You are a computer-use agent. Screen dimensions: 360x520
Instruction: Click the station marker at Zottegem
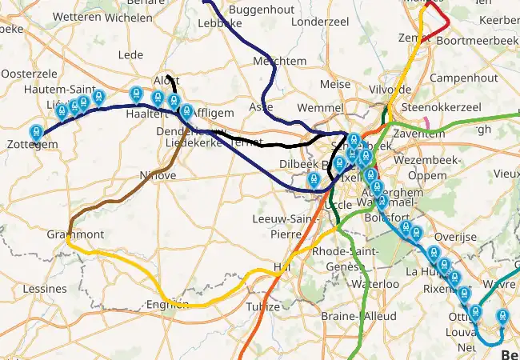pos(36,133)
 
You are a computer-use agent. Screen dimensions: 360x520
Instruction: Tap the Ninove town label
pos(158,175)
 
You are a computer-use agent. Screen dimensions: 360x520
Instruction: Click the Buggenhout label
pos(255,10)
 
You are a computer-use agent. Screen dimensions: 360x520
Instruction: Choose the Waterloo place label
pos(375,284)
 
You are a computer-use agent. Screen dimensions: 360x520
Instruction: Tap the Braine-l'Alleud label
pos(358,316)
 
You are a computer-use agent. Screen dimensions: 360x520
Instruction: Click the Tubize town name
pos(263,306)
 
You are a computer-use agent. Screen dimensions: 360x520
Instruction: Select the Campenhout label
pos(463,78)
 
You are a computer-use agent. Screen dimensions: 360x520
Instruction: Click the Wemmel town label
pos(319,107)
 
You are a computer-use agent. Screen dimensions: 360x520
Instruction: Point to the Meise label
pos(334,84)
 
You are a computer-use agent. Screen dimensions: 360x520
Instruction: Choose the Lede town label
pos(130,54)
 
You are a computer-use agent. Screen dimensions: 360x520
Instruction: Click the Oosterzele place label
pos(26,73)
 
